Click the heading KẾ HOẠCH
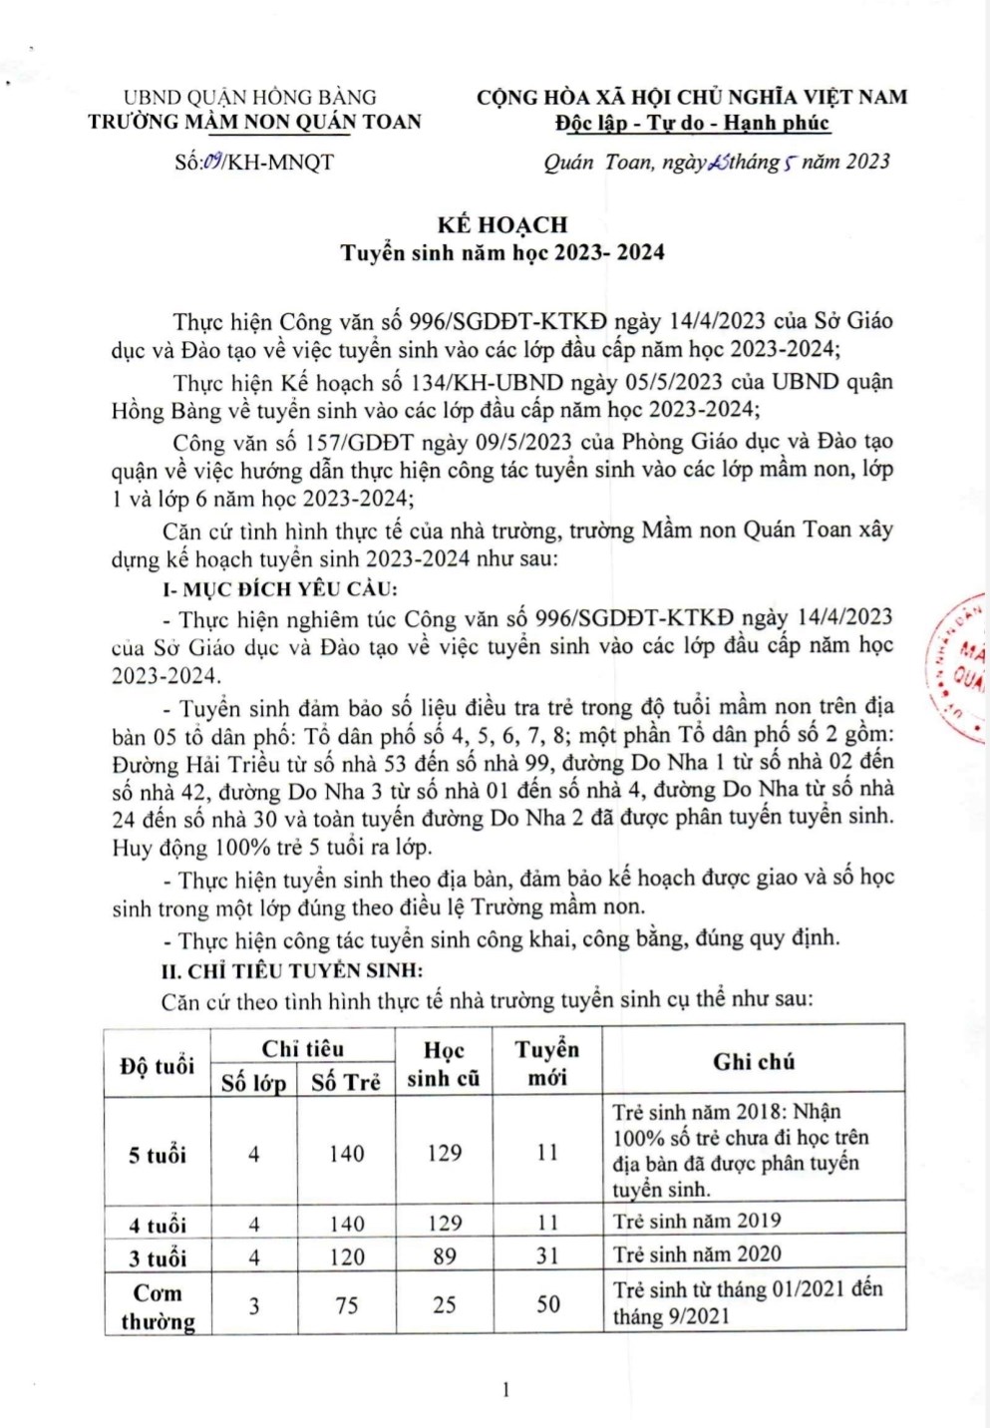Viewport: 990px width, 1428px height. pos(501,224)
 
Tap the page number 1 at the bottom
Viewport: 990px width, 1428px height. pos(505,1389)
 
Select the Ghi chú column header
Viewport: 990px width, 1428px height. pos(754,1062)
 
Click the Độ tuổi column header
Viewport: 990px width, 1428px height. pos(158,1065)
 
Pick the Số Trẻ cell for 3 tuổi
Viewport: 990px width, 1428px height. pos(347,1256)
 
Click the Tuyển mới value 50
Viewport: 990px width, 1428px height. pos(548,1303)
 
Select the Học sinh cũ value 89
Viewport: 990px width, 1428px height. pos(445,1256)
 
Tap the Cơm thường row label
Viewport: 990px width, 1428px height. pos(158,1306)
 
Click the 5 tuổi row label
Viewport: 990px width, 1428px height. pos(158,1155)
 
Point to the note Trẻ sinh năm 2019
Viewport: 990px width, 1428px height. pos(697,1221)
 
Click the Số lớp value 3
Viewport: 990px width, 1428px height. pos(254,1304)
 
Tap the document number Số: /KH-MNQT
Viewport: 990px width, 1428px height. pos(254,162)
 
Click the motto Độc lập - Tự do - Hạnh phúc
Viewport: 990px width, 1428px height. pos(692,123)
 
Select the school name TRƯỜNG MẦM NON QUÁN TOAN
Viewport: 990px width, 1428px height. pos(254,122)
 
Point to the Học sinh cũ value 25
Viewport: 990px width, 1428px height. pos(445,1304)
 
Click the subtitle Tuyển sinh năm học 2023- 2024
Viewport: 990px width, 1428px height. pos(502,252)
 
